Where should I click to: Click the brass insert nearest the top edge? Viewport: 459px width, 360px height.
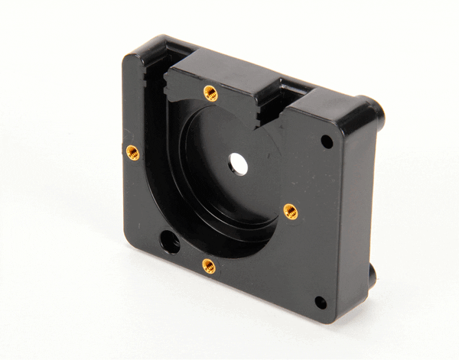coord(210,93)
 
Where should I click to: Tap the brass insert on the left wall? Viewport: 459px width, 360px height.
coord(132,151)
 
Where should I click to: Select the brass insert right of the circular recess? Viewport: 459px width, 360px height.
coord(290,211)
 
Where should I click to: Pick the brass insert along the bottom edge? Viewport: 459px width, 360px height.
coord(208,265)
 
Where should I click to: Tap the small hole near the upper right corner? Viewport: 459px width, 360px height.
coord(327,141)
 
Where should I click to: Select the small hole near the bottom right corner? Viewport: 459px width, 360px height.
coord(321,302)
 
